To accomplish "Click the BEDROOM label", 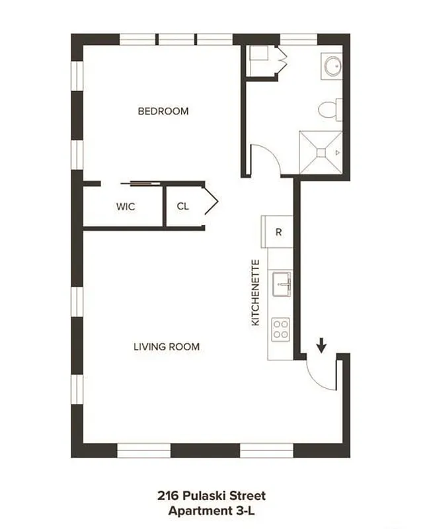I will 163,111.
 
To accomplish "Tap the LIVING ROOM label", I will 166,346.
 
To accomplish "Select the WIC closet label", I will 126,206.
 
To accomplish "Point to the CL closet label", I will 182,206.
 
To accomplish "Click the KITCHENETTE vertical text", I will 256,292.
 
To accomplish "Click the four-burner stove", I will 280,329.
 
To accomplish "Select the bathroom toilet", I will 328,110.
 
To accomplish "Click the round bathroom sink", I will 332,65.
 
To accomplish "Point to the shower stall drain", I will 321,153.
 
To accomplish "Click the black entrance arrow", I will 322,345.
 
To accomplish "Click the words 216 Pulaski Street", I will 212,495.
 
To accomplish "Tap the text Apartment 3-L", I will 212,510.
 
